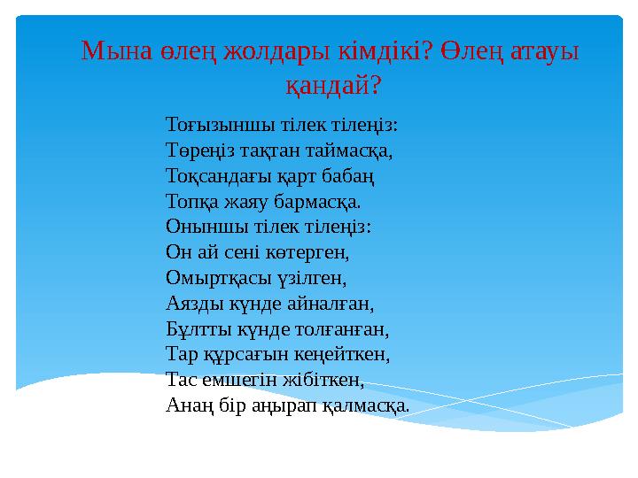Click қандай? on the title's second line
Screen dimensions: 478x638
(x=332, y=84)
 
